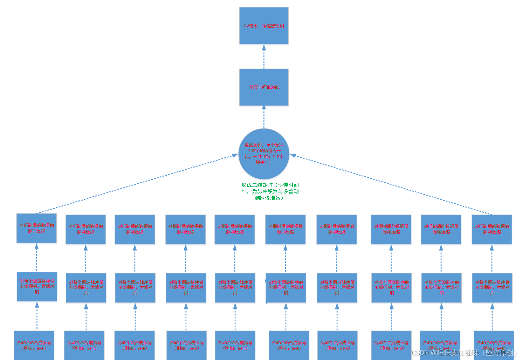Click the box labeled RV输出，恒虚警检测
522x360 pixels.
point(264,26)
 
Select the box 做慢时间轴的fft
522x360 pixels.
point(264,87)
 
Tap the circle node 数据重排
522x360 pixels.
point(264,154)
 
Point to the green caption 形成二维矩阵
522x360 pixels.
point(270,191)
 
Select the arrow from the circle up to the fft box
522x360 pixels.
point(264,117)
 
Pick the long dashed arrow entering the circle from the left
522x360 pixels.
point(137,184)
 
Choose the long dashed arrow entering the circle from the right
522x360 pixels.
point(391,184)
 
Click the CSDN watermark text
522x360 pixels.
point(464,353)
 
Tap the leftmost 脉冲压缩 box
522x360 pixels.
point(36,228)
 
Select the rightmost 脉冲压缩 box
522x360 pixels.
point(492,229)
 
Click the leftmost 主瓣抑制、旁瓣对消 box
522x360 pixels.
point(37,286)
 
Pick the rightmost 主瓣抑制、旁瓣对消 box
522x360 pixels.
point(492,287)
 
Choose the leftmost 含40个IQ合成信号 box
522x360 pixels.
point(34,345)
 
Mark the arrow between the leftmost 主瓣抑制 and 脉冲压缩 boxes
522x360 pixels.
point(36,258)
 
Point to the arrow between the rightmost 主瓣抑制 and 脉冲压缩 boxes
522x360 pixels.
point(492,259)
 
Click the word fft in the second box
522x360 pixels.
point(276,87)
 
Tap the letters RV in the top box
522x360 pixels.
point(246,26)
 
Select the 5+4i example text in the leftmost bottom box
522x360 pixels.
point(41,348)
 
